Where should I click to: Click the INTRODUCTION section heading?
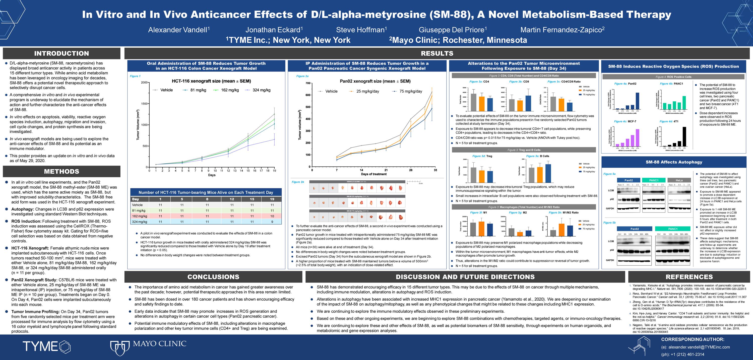tap(61, 53)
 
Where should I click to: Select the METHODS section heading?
tap(61, 172)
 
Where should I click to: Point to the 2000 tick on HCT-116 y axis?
tap(144, 83)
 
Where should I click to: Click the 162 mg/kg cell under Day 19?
tap(272, 216)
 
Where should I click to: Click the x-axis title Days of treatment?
tap(373, 174)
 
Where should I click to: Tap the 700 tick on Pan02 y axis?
tap(308, 83)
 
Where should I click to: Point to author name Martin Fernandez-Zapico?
tap(562, 30)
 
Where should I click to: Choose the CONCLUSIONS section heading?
tap(213, 277)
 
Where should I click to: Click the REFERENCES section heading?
tap(689, 277)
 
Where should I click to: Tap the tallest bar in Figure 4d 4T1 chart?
tap(684, 137)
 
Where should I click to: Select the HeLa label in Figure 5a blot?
tap(679, 180)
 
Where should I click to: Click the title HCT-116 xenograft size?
tap(211, 81)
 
